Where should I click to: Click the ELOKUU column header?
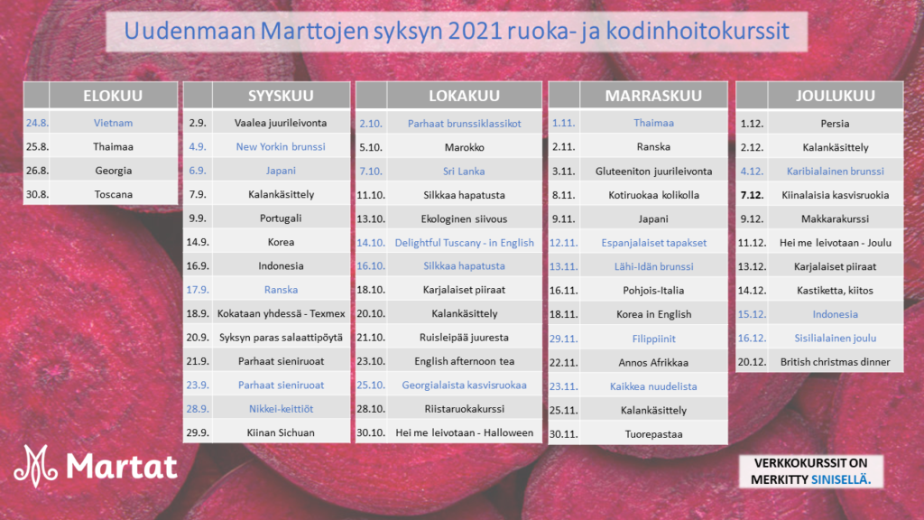click(x=113, y=96)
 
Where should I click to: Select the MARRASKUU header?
click(x=653, y=96)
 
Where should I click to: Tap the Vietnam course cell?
click(x=113, y=123)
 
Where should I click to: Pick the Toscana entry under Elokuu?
click(x=113, y=194)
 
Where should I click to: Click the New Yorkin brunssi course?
click(x=281, y=146)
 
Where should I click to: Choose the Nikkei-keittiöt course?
click(x=281, y=409)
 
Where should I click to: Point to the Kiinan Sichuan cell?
click(x=281, y=432)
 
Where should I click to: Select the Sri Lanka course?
click(x=464, y=171)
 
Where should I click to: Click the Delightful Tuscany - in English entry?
click(x=465, y=242)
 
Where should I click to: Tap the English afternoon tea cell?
click(x=465, y=361)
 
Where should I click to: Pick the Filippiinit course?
click(x=653, y=339)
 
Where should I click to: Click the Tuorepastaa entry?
click(x=653, y=434)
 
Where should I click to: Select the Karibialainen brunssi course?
click(x=835, y=171)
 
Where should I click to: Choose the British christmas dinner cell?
click(x=835, y=361)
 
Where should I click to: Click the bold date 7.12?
click(x=752, y=195)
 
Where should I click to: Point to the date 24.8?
click(x=36, y=123)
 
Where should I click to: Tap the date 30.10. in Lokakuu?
click(x=371, y=432)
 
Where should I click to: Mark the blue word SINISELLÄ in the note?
click(x=841, y=479)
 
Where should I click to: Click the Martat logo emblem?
click(x=35, y=466)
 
